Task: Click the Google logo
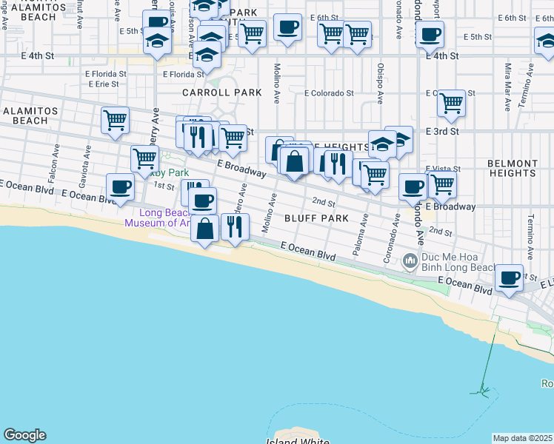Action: [x=24, y=435]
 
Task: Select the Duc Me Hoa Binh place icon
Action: [x=409, y=261]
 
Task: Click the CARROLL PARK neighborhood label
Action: [x=222, y=92]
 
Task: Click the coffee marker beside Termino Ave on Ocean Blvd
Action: [x=509, y=278]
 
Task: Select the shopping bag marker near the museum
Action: [x=205, y=228]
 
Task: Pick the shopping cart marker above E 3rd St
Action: [x=451, y=104]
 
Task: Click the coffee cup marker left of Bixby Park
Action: [x=120, y=187]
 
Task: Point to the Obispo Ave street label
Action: [x=378, y=87]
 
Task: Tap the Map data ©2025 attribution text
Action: [x=523, y=438]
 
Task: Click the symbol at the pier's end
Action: [x=484, y=391]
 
